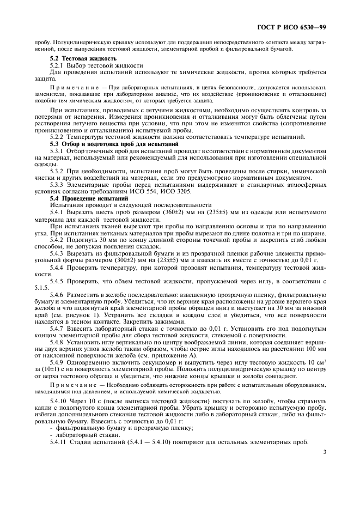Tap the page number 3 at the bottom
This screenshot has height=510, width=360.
[325, 451]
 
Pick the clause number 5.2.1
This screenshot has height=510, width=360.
[58, 65]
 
